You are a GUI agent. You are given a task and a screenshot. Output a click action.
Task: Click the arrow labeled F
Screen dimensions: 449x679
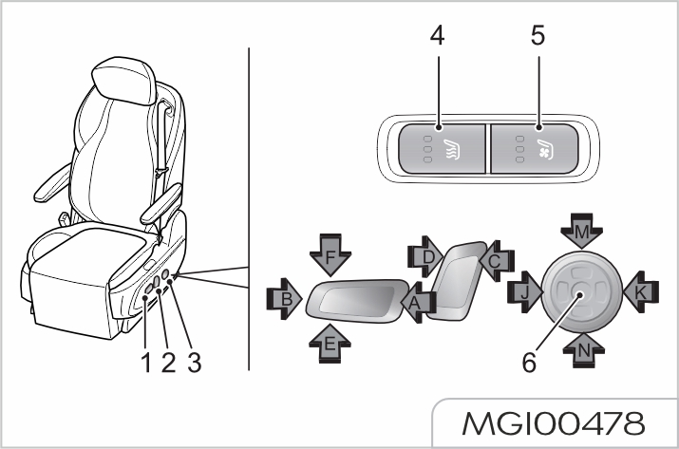click(330, 256)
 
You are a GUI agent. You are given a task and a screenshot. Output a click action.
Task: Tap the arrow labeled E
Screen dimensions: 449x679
click(330, 344)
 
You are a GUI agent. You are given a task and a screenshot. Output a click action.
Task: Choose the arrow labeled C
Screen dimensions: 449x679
click(496, 258)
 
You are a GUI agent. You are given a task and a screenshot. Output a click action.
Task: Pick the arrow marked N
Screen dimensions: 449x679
click(582, 348)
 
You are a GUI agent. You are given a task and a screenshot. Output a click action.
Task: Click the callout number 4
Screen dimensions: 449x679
click(436, 39)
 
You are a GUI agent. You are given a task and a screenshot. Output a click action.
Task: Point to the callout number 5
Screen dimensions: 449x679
click(537, 39)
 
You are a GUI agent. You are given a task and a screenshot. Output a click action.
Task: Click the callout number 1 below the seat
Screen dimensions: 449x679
click(146, 362)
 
